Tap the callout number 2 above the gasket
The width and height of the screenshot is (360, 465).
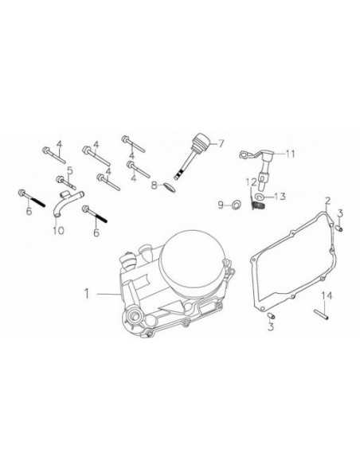[327, 199]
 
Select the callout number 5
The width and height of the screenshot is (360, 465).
[70, 170]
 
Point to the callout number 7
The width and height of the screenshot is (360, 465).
[222, 144]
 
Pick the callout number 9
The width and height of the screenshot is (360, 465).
[220, 205]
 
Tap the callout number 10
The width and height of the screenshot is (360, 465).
[57, 231]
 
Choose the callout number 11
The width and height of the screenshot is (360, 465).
[290, 153]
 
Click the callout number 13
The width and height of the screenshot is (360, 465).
[280, 196]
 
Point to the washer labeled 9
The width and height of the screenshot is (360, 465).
[237, 205]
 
